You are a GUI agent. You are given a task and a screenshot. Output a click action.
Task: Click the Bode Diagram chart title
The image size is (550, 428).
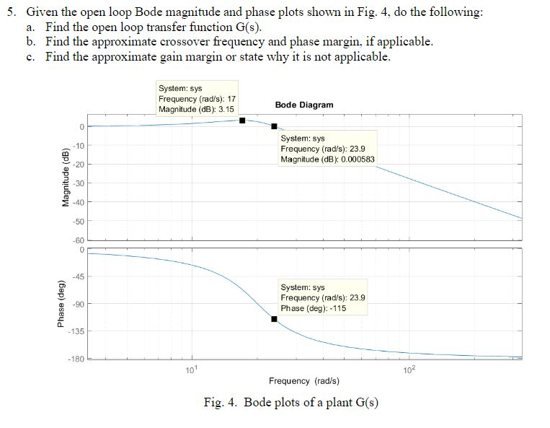point(304,105)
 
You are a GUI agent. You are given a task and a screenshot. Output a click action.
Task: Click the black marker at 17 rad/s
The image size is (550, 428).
point(242,121)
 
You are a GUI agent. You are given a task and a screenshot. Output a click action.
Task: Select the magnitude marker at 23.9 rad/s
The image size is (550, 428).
point(274,126)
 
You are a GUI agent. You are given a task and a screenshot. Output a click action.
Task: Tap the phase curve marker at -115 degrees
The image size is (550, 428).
point(274,318)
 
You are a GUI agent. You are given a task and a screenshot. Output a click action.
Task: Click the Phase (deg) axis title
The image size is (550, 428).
point(65,305)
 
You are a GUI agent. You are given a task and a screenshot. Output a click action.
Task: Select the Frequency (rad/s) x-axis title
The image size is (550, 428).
point(303,380)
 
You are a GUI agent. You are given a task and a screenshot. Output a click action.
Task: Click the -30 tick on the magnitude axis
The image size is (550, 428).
point(79,183)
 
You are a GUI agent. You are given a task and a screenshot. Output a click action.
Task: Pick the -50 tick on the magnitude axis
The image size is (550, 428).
point(79,221)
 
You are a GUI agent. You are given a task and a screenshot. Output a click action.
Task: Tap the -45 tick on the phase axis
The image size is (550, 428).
point(79,276)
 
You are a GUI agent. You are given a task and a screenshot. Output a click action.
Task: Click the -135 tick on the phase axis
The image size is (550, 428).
point(78,331)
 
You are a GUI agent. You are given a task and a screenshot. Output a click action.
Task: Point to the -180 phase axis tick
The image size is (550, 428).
point(78,359)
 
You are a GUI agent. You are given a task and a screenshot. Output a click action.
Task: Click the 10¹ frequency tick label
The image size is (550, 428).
point(190,370)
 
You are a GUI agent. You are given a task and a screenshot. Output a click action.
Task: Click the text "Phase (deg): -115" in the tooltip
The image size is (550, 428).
point(314,308)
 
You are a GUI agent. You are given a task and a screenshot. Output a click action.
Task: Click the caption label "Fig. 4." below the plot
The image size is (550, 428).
point(222,403)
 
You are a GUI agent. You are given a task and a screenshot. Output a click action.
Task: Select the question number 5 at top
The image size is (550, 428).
point(8,12)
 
